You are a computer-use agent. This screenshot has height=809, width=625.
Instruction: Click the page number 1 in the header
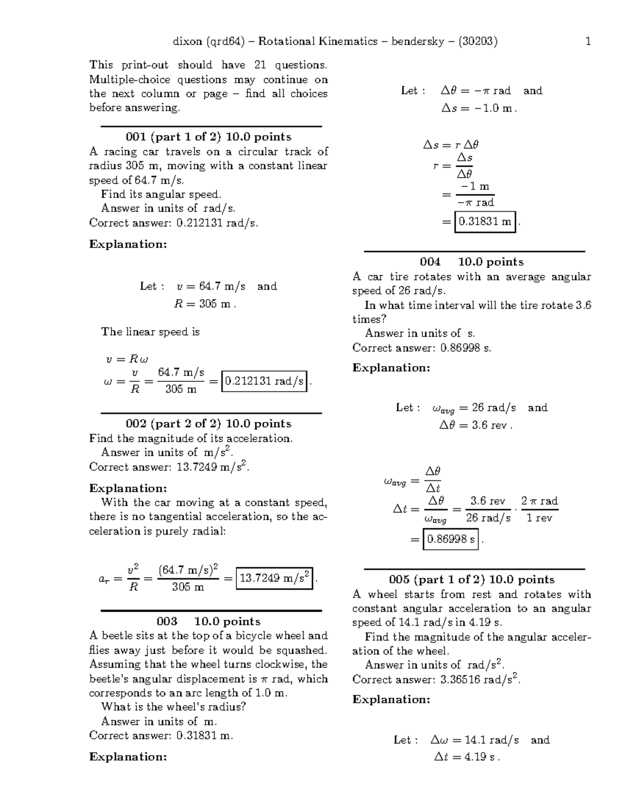[x=588, y=41]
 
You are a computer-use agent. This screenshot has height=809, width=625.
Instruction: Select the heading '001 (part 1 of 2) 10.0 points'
[x=208, y=137]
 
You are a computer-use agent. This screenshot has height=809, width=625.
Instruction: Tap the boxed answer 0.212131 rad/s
[x=265, y=381]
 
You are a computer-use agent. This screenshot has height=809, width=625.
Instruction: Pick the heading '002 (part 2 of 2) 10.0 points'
[x=208, y=424]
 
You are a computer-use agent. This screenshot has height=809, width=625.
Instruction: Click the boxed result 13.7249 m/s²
[x=274, y=578]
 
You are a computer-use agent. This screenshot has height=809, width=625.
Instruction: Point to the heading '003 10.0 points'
[x=208, y=621]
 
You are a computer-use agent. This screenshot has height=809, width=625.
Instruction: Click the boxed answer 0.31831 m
[x=485, y=222]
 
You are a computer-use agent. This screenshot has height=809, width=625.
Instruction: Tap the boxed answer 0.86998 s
[x=451, y=539]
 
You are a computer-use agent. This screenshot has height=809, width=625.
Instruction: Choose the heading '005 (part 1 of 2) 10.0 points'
[x=471, y=580]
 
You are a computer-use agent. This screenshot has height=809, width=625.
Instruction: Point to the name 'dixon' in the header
[x=187, y=41]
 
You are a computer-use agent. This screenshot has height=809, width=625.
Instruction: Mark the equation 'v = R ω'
[x=127, y=359]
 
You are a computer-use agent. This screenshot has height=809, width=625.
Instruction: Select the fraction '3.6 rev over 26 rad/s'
[x=488, y=509]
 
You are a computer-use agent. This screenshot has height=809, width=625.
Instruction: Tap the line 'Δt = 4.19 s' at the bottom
[x=467, y=757]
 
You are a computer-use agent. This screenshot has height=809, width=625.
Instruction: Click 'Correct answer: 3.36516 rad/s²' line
[x=436, y=679]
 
